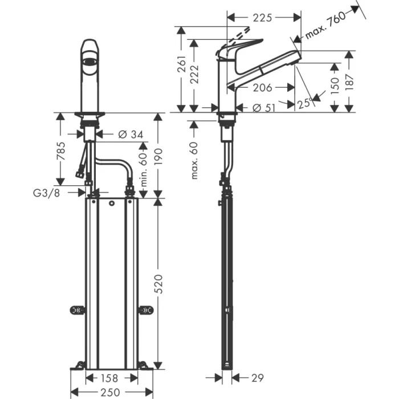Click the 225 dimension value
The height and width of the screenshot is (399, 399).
point(262,18)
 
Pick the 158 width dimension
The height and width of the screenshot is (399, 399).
point(111,377)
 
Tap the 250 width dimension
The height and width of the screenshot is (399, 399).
point(111,392)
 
